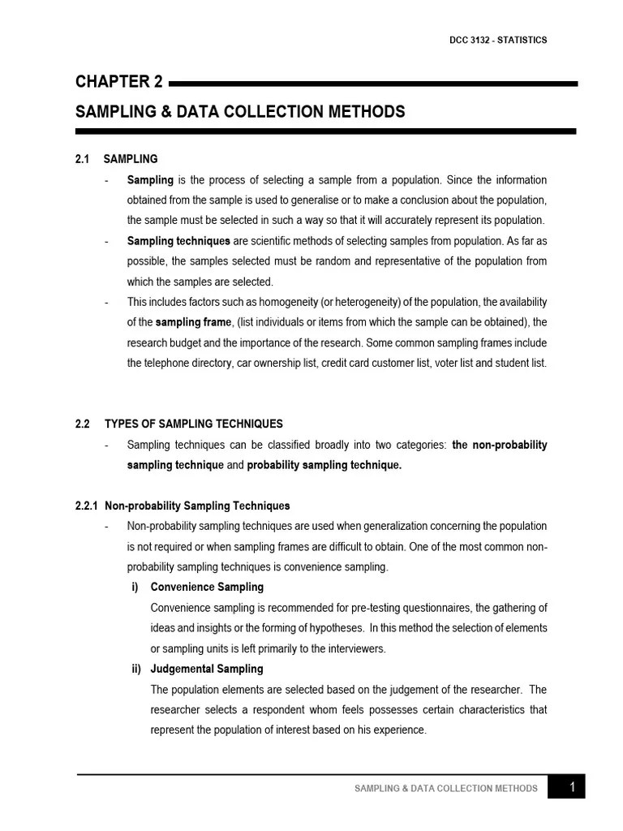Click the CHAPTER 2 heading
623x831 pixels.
click(x=118, y=81)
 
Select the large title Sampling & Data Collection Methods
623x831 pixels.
click(x=240, y=111)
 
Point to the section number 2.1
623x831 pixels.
click(x=82, y=159)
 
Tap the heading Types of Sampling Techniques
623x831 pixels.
click(x=194, y=424)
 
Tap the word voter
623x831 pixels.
click(x=439, y=363)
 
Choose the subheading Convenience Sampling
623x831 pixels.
click(x=207, y=587)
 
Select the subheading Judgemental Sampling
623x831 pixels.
click(x=207, y=669)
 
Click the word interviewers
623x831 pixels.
click(x=355, y=648)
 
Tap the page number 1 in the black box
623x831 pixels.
click(x=572, y=786)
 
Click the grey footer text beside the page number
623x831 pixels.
click(x=445, y=788)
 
